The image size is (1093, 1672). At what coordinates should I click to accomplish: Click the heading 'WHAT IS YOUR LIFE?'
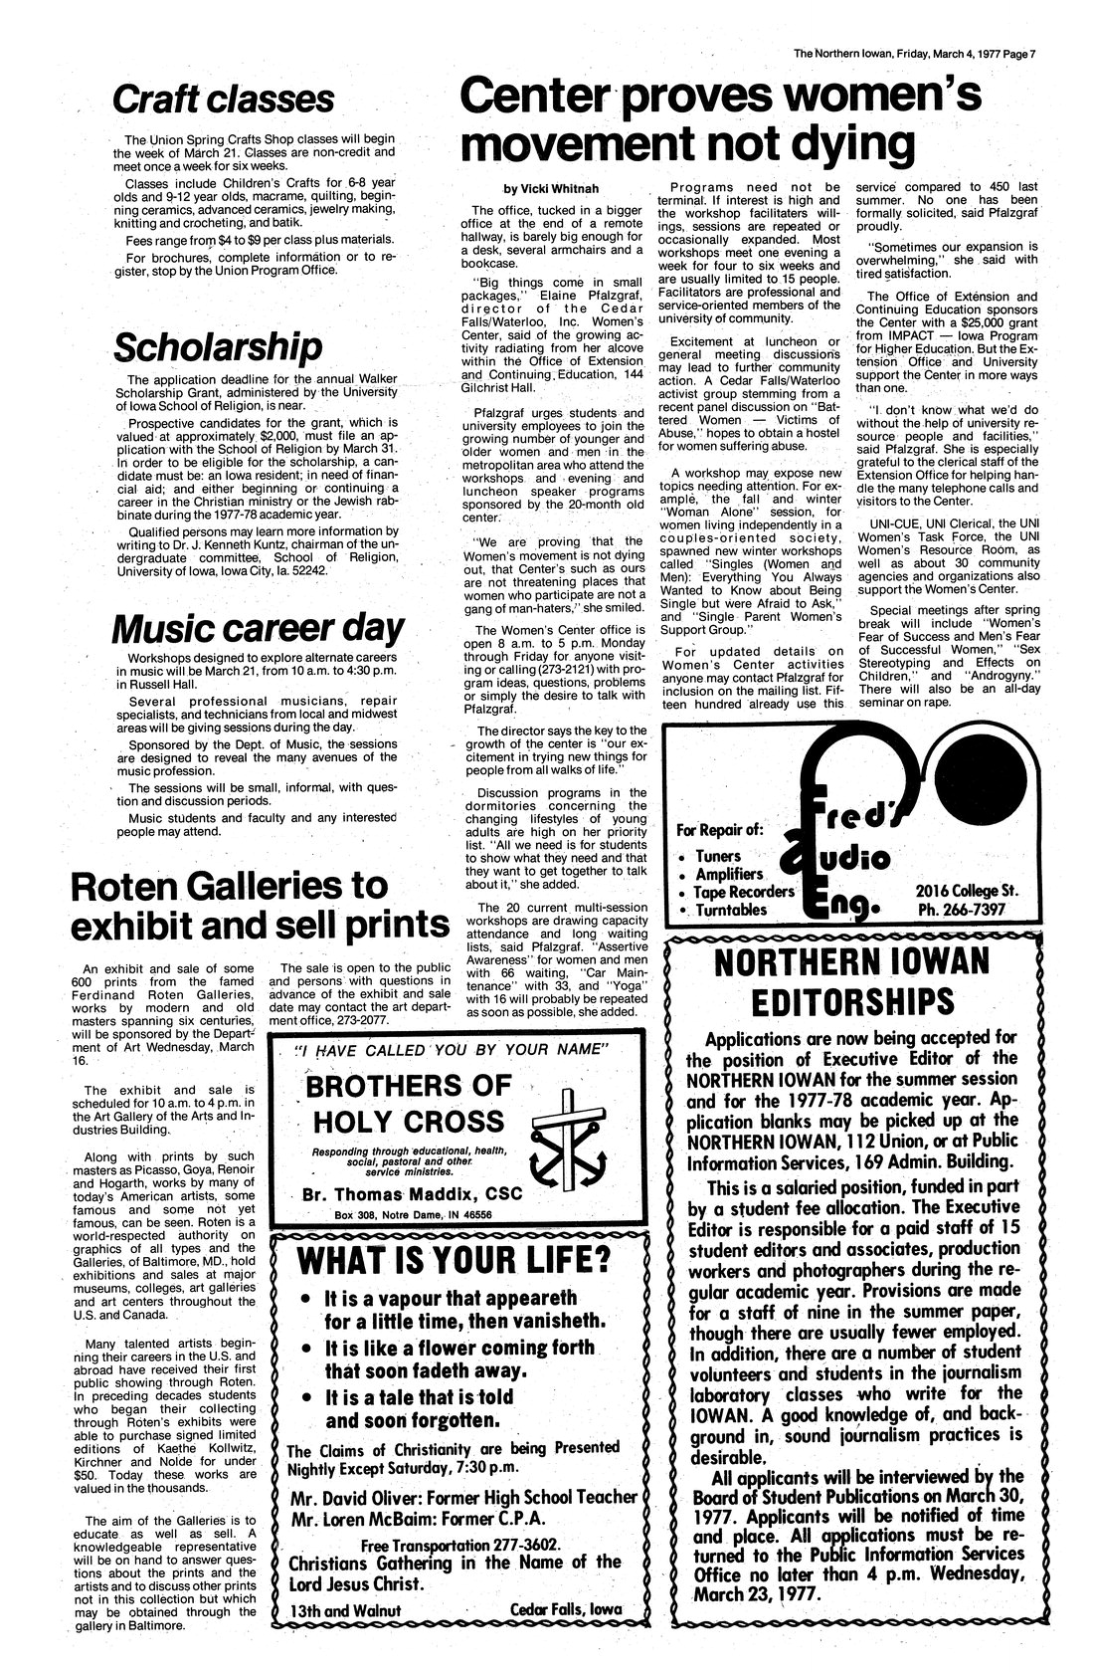pos(455,1259)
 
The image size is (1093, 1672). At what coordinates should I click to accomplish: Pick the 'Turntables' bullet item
pos(730,910)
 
